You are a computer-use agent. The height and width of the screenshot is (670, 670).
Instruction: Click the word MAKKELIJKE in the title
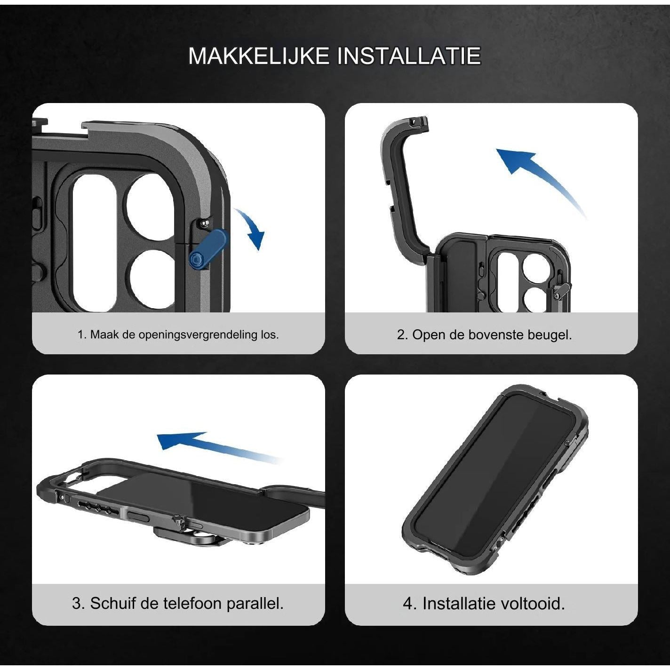point(259,55)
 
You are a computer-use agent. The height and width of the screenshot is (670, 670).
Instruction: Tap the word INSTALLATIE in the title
point(409,55)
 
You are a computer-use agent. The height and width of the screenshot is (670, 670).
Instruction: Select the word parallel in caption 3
point(255,603)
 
